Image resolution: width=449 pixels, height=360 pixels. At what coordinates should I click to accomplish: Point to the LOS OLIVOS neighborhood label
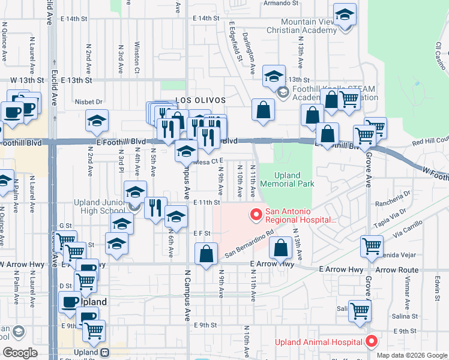tap(200, 100)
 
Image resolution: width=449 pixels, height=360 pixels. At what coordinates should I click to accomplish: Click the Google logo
tap(20, 353)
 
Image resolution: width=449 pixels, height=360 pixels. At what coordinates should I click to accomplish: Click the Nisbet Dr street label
tap(90, 102)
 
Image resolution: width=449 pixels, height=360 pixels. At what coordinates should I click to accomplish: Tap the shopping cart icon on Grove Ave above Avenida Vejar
tap(372, 245)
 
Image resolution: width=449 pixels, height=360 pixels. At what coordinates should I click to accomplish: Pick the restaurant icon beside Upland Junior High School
tap(155, 208)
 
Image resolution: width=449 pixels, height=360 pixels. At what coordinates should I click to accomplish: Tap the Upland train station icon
tap(104, 352)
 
